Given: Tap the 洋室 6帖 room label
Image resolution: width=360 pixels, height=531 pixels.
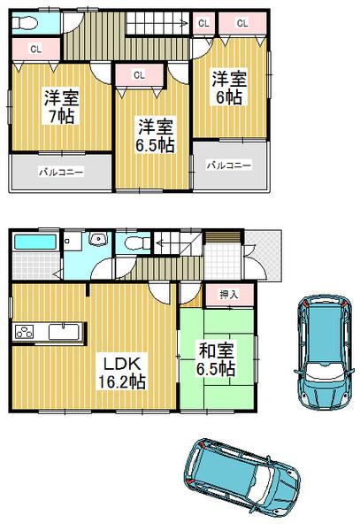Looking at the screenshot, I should [229, 88].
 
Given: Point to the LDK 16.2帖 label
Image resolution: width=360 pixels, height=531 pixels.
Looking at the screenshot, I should [122, 371].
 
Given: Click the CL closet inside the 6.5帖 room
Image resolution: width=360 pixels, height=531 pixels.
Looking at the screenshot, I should [139, 76].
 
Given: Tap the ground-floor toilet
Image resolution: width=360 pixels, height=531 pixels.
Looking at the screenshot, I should [133, 241].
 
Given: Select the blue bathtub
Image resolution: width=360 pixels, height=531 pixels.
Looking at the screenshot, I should [36, 242].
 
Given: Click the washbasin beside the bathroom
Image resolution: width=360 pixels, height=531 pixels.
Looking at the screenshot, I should [98, 240].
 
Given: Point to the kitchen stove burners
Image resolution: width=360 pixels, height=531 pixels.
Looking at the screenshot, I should [24, 333].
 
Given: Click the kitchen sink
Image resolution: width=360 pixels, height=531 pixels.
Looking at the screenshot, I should [63, 332].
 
